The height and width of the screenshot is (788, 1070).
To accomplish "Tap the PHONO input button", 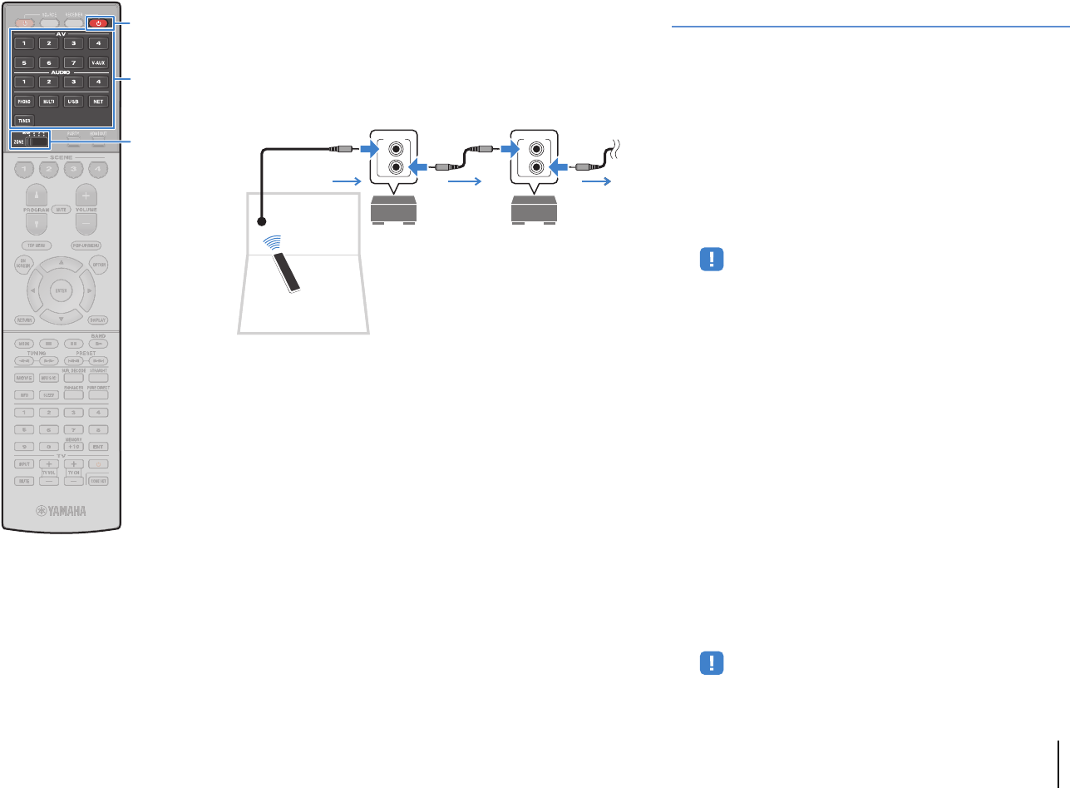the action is click(x=24, y=101).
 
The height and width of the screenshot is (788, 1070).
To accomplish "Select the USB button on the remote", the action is click(x=74, y=101).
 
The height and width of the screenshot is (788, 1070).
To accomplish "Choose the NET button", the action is click(x=98, y=101).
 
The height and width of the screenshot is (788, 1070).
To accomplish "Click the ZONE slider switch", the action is click(x=34, y=141).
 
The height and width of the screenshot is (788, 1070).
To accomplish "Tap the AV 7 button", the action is click(x=74, y=62).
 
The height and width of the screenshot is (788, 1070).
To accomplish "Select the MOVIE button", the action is click(x=24, y=378).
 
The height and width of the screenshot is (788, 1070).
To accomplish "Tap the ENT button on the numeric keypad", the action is click(x=98, y=446).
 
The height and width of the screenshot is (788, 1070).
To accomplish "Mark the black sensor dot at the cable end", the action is click(x=262, y=222).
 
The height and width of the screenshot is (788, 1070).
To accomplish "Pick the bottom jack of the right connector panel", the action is click(x=534, y=167).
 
